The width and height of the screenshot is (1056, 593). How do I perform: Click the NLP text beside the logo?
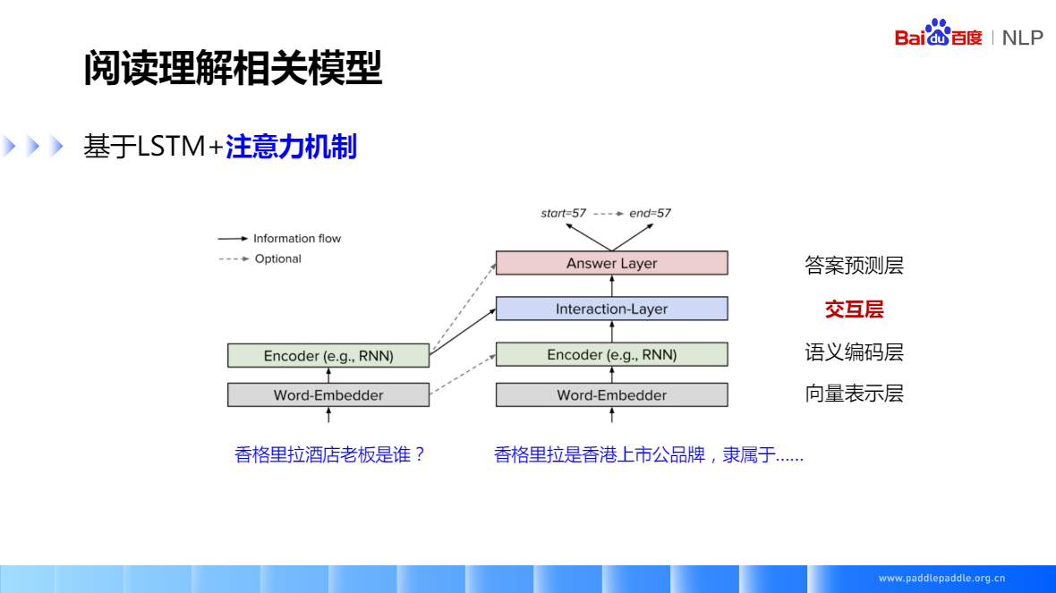tap(1022, 38)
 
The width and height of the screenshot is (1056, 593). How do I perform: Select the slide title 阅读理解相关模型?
tap(233, 68)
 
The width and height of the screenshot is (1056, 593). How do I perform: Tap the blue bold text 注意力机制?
tap(291, 147)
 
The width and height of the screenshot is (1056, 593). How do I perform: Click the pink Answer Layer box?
tap(611, 263)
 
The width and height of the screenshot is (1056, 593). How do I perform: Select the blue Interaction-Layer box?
tap(611, 309)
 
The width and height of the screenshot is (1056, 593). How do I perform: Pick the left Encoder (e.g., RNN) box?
tap(328, 355)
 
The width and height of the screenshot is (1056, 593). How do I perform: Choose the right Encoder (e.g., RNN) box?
tap(611, 354)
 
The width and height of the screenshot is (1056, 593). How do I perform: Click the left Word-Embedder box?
tap(328, 394)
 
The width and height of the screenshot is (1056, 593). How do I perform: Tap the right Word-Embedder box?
tap(611, 394)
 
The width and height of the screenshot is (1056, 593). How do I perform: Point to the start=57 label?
tap(563, 213)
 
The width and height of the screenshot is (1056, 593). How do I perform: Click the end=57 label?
tap(650, 213)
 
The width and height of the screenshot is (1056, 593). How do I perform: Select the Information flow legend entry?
tap(296, 239)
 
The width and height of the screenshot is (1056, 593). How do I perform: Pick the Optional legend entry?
tap(277, 258)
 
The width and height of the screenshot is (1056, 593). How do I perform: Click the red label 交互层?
tap(854, 309)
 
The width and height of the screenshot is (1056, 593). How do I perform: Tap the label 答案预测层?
tap(854, 266)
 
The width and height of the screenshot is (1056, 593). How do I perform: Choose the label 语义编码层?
tap(854, 352)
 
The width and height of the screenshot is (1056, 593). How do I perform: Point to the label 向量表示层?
tap(854, 394)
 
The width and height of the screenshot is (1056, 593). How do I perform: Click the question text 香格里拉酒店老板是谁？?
tap(330, 454)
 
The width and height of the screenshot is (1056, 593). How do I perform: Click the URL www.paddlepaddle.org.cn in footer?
tap(941, 578)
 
